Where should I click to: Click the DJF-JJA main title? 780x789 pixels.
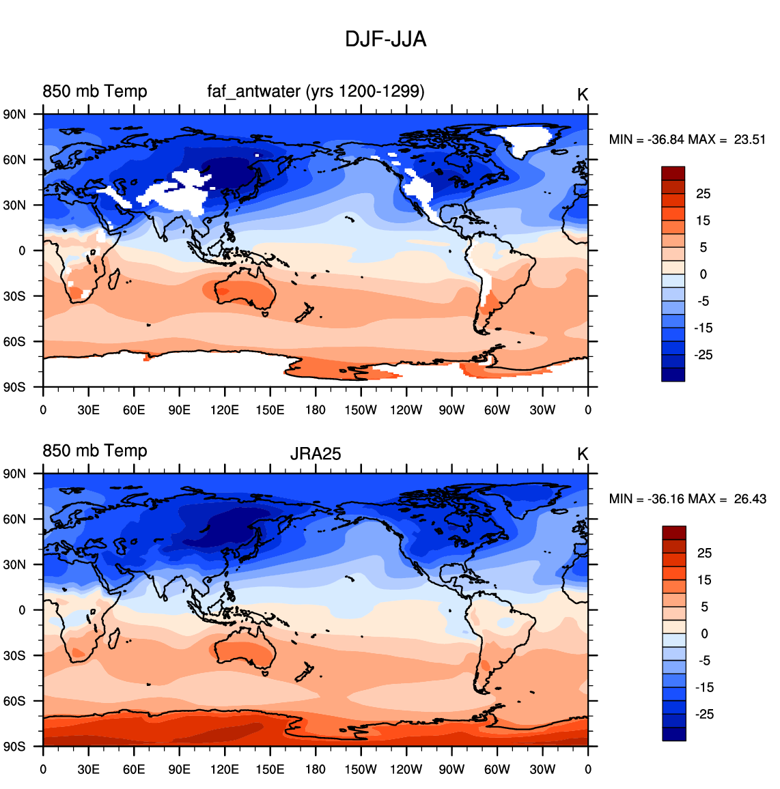(385, 40)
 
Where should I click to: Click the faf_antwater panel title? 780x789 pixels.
(316, 91)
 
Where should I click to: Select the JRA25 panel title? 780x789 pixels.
(316, 454)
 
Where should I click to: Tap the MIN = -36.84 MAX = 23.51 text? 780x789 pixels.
(687, 139)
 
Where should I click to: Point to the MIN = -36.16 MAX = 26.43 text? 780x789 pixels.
(687, 499)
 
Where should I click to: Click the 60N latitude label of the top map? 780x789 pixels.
(14, 160)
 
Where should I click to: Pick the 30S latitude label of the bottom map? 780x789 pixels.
(14, 656)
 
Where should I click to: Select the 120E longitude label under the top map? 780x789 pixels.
(225, 410)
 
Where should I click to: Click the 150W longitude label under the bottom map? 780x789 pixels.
(361, 769)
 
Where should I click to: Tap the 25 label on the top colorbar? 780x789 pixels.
(704, 194)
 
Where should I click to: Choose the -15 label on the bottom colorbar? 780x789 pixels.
(704, 687)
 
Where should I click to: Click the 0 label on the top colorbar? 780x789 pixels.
(704, 274)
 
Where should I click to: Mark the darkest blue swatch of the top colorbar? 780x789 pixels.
(673, 375)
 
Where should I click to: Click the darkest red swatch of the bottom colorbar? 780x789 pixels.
(673, 533)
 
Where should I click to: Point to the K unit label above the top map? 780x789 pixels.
(583, 95)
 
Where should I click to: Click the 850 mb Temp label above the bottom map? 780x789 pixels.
(95, 451)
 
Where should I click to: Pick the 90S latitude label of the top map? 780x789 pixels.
(14, 388)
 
